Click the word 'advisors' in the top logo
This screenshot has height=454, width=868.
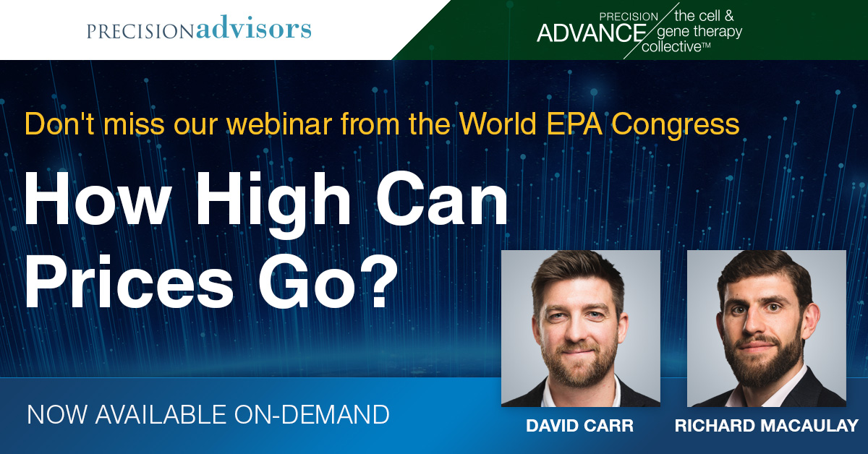coord(254,27)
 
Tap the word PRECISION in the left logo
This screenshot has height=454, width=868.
coord(140,31)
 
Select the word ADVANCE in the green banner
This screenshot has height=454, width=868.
coord(592,33)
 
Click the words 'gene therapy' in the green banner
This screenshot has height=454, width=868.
coord(700,32)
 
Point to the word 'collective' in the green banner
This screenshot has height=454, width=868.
coord(671,47)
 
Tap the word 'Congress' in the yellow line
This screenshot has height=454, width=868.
coord(676,125)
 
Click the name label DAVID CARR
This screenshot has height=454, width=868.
coord(579,426)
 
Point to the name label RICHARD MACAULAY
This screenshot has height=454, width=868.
coord(767,426)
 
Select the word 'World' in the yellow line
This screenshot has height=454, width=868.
coord(498,124)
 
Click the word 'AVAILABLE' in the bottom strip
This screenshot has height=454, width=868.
coord(161,414)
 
